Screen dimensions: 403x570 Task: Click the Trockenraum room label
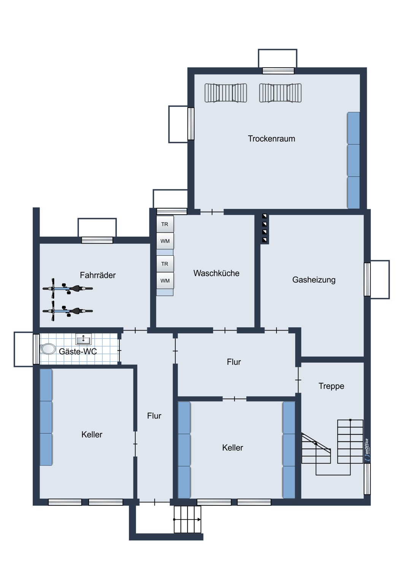click(x=271, y=139)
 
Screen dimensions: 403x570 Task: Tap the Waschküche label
click(x=216, y=273)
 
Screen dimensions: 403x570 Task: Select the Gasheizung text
click(x=314, y=280)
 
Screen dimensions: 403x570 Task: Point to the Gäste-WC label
click(x=78, y=351)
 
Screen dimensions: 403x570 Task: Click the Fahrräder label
click(x=98, y=275)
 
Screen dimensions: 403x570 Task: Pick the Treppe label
click(x=331, y=386)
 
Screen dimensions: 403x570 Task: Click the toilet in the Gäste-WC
click(x=48, y=349)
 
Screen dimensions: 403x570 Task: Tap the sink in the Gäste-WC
click(x=84, y=339)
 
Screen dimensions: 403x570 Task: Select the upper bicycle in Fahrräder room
click(x=67, y=288)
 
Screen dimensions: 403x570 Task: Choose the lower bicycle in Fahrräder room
click(x=67, y=311)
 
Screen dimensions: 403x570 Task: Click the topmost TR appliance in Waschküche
click(x=165, y=224)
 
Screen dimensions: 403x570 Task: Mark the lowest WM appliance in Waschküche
click(x=165, y=281)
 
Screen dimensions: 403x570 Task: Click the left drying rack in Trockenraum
click(x=225, y=93)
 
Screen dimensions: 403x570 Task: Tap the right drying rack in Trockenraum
click(x=280, y=93)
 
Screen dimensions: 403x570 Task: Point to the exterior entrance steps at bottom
click(x=187, y=519)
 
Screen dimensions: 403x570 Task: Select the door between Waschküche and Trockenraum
click(x=212, y=212)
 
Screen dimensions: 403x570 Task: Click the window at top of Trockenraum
click(x=278, y=71)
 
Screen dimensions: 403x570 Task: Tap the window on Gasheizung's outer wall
click(x=367, y=279)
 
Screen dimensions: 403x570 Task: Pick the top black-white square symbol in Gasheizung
click(x=265, y=216)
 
